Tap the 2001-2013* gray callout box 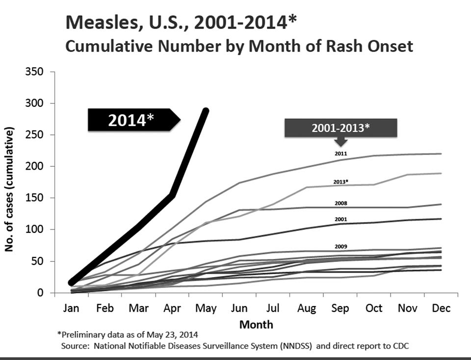tap(340, 128)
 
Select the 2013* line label tap(341, 182)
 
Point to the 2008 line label tap(341, 203)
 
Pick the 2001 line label tap(341, 220)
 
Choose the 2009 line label tap(341, 247)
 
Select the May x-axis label tap(206, 309)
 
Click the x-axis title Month tap(256, 324)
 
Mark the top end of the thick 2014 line tap(206, 111)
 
